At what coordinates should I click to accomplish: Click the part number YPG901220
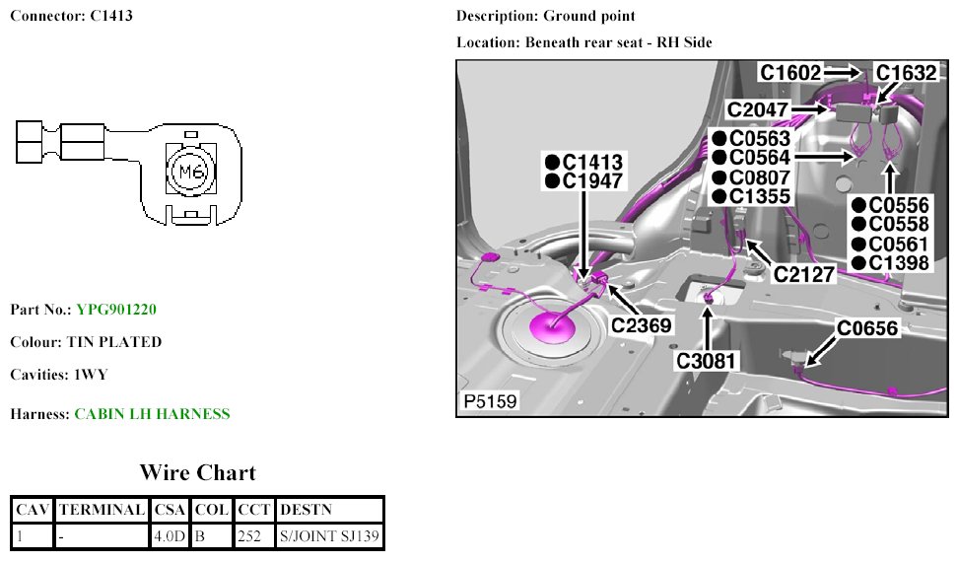click(x=116, y=310)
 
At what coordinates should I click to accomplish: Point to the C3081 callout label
click(x=707, y=361)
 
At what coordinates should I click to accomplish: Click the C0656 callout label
click(x=867, y=328)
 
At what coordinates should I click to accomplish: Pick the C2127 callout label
click(x=803, y=273)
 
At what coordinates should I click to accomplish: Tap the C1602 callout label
click(x=789, y=72)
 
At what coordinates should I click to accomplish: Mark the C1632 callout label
click(x=906, y=72)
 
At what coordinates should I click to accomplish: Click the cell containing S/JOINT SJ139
click(x=330, y=536)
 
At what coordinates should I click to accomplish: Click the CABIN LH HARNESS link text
click(x=152, y=414)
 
